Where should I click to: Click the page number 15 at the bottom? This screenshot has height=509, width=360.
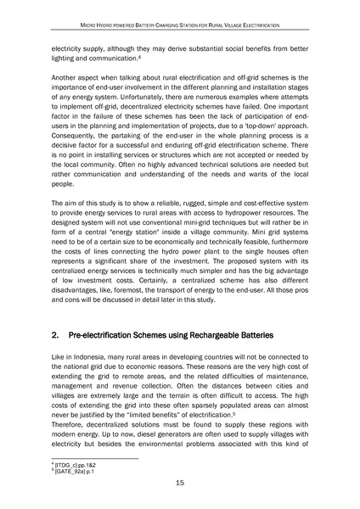point(180,484)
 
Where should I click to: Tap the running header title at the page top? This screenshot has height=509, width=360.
point(180,25)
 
